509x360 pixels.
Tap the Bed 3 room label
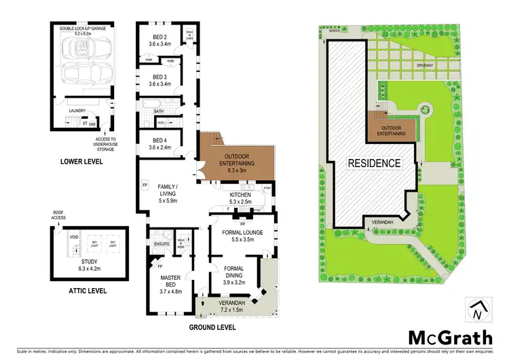click(161, 80)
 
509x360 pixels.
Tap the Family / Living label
click(167, 191)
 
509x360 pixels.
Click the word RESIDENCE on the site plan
click(374, 163)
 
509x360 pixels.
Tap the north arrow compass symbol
click(477, 309)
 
